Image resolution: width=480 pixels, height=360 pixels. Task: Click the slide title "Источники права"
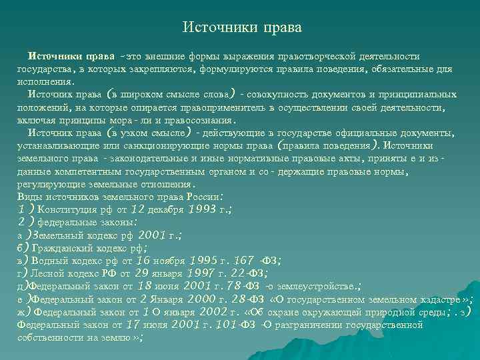tap(242, 28)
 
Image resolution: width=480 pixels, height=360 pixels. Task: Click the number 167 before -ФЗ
tap(243, 259)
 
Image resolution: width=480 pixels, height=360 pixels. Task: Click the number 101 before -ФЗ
tap(245, 324)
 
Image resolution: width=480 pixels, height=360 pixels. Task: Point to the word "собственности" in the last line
tap(47, 337)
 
